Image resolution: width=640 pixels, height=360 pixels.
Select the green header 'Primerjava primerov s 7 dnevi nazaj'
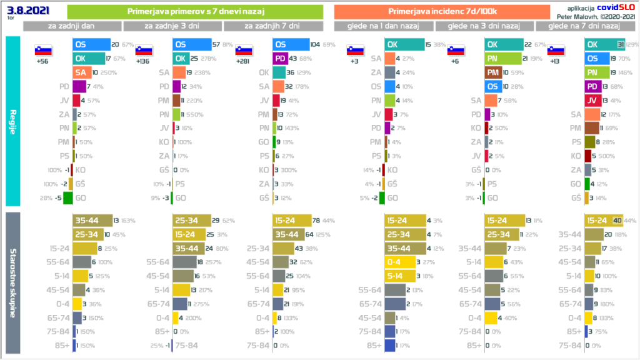[194, 11]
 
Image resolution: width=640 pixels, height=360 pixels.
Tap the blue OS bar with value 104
[291, 45]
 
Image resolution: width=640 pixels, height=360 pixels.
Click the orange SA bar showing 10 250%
[82, 72]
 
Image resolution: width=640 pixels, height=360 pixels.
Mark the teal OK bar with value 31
[604, 45]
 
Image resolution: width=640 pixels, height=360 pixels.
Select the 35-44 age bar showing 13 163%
[91, 221]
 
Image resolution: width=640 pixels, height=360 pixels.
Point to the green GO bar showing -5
[68, 198]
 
